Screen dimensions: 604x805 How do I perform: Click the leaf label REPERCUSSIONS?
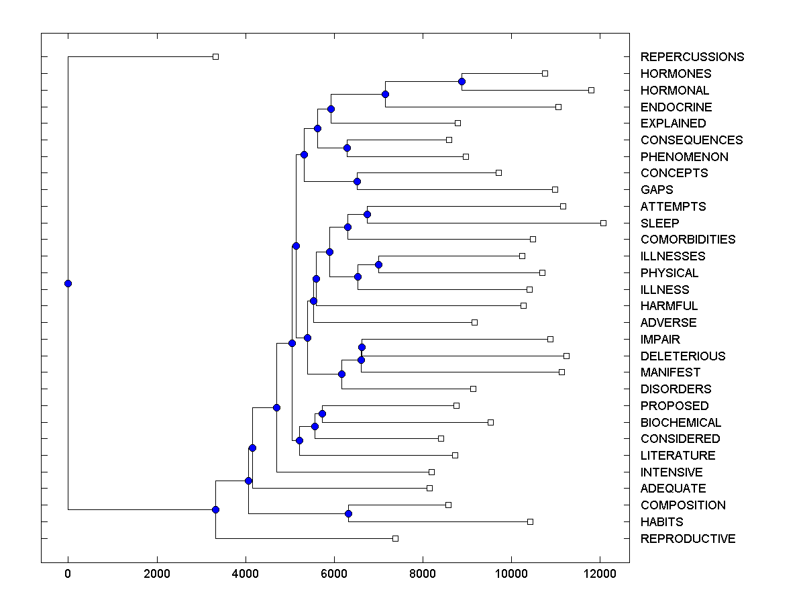pyautogui.click(x=692, y=57)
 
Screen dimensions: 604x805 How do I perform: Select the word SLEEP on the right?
pyautogui.click(x=659, y=223)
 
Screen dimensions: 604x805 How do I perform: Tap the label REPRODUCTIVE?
pyautogui.click(x=688, y=539)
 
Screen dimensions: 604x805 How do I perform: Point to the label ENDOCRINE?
pyautogui.click(x=676, y=107)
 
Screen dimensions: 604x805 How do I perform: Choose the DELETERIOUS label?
pyautogui.click(x=682, y=356)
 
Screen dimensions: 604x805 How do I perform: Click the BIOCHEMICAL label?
pyautogui.click(x=680, y=422)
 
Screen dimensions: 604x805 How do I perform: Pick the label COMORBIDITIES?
pyautogui.click(x=688, y=240)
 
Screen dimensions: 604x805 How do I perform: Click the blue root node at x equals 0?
pyautogui.click(x=68, y=283)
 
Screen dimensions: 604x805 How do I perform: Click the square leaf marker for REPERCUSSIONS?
pyautogui.click(x=215, y=57)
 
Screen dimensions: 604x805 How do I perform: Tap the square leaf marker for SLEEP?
pyautogui.click(x=603, y=223)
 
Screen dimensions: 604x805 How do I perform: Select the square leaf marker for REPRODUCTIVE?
pyautogui.click(x=395, y=538)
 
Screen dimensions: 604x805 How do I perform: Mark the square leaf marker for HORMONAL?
pyautogui.click(x=591, y=90)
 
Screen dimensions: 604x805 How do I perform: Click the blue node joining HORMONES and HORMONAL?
pyautogui.click(x=462, y=81)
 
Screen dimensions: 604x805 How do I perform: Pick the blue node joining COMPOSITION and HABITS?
pyautogui.click(x=348, y=513)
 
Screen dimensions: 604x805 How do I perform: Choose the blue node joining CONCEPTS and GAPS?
pyautogui.click(x=357, y=181)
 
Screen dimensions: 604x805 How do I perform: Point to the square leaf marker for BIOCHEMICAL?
pyautogui.click(x=490, y=422)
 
